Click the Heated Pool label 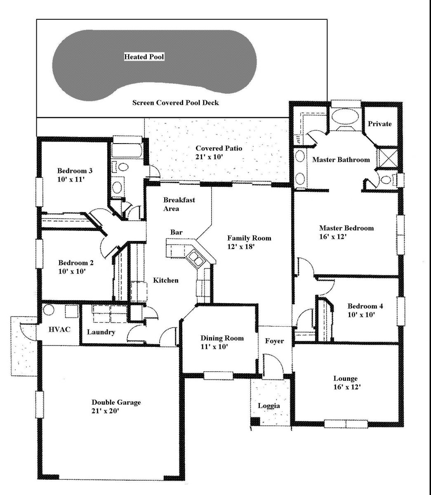(144, 57)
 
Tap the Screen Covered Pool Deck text (176, 103)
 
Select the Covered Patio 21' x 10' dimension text (209, 157)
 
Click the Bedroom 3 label (75, 171)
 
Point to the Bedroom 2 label (76, 263)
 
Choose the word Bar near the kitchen (177, 232)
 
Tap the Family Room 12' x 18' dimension (241, 247)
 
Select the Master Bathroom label (341, 160)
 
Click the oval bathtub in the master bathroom (345, 118)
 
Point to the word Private (380, 124)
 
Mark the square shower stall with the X (387, 158)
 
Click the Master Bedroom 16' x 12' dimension (333, 237)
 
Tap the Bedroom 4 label (365, 306)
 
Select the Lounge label (345, 378)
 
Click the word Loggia (269, 406)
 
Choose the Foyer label (274, 341)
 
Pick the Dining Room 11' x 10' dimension (214, 346)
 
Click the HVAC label (59, 329)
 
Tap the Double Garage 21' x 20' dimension (106, 410)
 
